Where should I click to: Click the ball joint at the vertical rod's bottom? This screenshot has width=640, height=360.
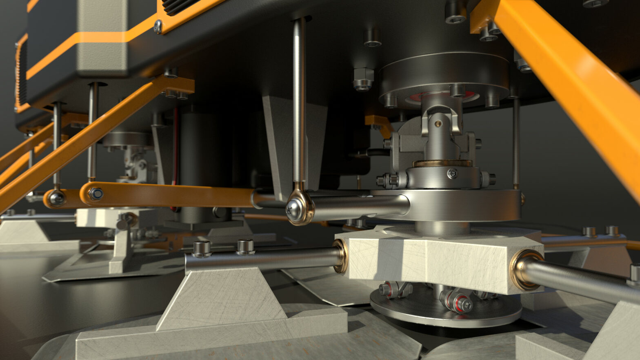pos(299,209)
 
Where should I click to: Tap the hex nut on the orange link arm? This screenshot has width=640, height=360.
pos(96,193)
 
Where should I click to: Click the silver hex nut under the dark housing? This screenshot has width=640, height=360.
pos(363,78)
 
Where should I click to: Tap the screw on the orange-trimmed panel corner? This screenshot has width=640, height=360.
pos(158,27)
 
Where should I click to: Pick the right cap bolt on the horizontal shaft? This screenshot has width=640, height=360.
pos(245,247)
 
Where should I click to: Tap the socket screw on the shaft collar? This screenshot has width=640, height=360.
pos(452,174)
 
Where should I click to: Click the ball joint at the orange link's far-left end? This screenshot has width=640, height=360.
pos(56,198)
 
